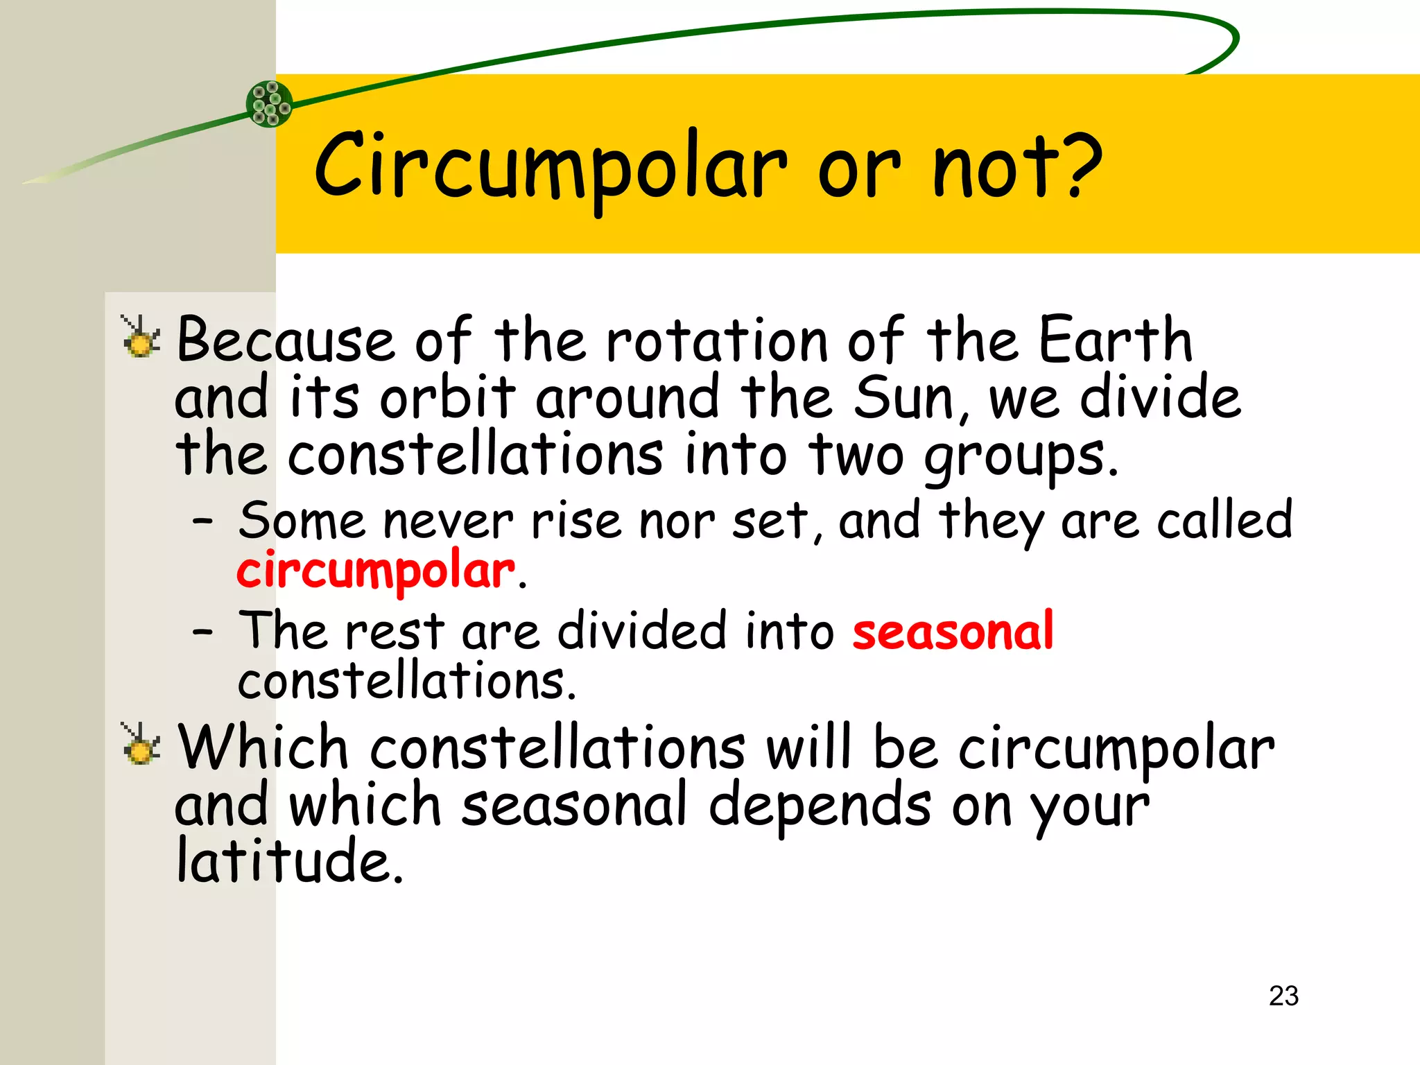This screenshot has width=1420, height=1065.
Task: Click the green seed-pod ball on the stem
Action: pos(270,104)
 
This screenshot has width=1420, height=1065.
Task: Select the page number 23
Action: pos(1283,996)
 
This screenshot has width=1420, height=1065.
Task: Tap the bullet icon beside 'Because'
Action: pos(141,338)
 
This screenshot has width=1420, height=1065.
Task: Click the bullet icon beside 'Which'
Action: pos(141,745)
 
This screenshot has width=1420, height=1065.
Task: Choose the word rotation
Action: pos(717,340)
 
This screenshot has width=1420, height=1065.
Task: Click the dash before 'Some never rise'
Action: pos(202,522)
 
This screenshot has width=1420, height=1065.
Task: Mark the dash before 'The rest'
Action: pos(202,632)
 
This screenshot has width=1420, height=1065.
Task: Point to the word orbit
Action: pos(447,398)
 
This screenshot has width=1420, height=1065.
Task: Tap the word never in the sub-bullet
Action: pos(448,522)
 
